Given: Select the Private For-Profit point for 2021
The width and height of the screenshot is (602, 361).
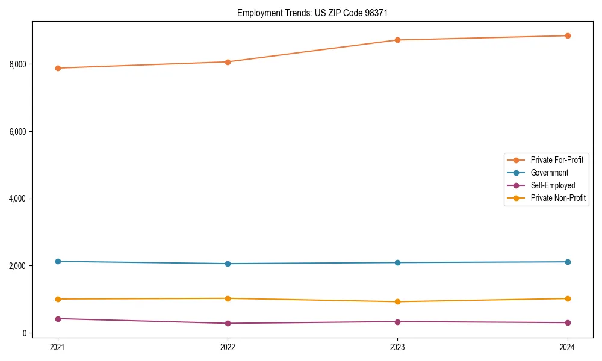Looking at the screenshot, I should point(58,68).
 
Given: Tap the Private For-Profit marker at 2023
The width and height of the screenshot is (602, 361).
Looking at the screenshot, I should point(397,40).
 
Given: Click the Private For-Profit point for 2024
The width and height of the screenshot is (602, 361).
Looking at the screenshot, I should point(568,35).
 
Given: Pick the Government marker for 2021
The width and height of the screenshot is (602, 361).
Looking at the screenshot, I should point(58,261).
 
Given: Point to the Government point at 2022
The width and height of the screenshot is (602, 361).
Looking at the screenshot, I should point(228,264).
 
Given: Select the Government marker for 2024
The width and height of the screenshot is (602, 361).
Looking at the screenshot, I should point(568,262).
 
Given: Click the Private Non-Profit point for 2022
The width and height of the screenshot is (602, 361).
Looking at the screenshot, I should point(228,298).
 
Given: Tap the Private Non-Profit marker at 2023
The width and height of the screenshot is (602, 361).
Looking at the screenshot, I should point(397,301).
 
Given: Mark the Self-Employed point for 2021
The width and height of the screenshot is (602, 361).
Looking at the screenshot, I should point(58,319).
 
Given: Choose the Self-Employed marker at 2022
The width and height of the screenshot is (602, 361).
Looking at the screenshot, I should point(228,323).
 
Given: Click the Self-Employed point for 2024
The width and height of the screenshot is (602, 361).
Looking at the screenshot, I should point(568,322).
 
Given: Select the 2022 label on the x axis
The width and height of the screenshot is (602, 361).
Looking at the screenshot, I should point(228,347).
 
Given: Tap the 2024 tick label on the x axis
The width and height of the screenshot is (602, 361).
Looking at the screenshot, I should point(568,347).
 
